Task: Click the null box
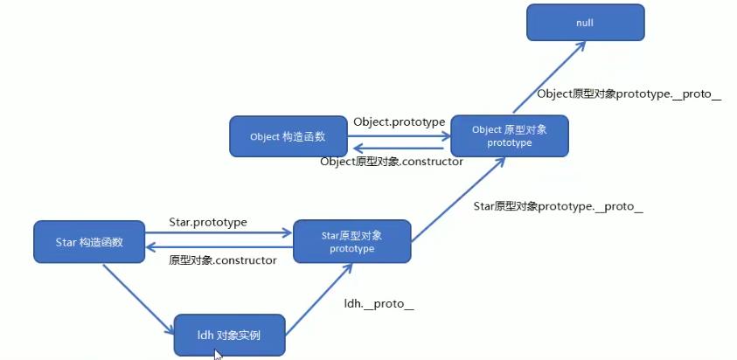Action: click(585, 22)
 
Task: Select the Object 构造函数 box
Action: click(289, 136)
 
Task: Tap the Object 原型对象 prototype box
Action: click(509, 135)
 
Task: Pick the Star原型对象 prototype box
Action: click(351, 241)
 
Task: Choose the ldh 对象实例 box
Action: click(229, 335)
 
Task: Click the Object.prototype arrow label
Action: click(400, 121)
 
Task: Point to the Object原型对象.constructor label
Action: click(392, 162)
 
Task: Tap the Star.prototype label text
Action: click(208, 222)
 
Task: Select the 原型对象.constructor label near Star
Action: click(223, 260)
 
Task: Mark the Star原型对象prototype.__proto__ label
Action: click(558, 207)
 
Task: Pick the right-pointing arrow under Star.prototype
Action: click(218, 233)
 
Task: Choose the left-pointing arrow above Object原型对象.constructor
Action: click(385, 149)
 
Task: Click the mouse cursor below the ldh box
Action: click(217, 353)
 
